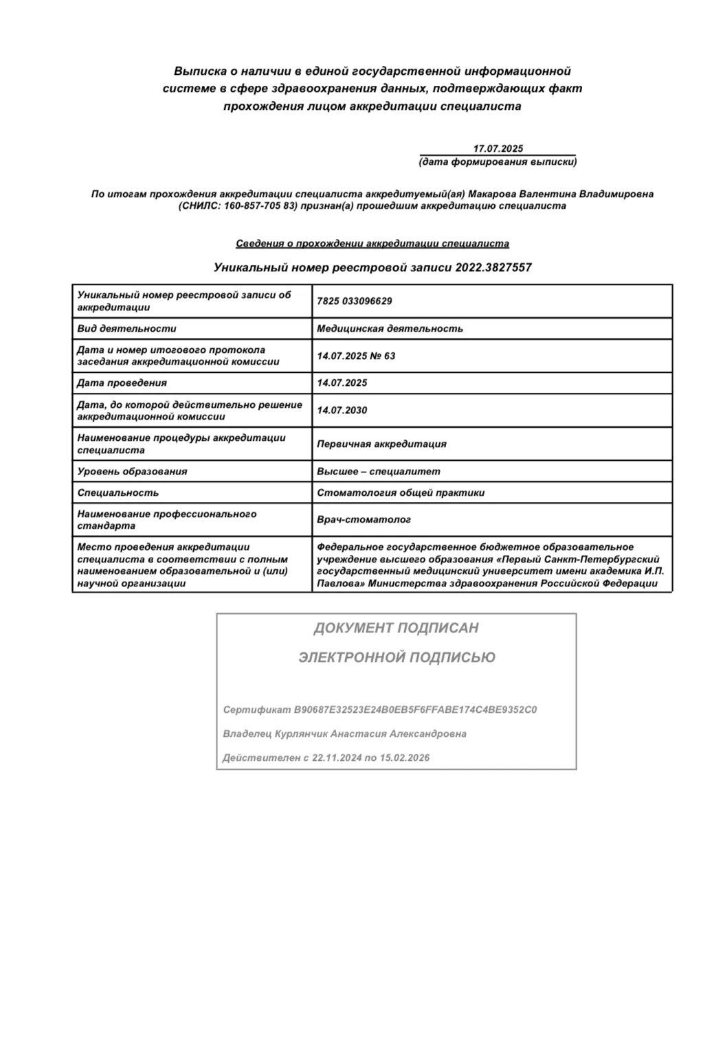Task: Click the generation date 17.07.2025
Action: pyautogui.click(x=498, y=148)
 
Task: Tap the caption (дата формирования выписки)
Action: pyautogui.click(x=498, y=162)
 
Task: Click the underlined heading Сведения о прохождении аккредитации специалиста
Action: pyautogui.click(x=372, y=243)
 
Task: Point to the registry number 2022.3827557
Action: pyautogui.click(x=493, y=267)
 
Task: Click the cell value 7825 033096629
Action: pyautogui.click(x=354, y=301)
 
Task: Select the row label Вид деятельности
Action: pyautogui.click(x=126, y=328)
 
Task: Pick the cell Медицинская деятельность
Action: pyautogui.click(x=390, y=328)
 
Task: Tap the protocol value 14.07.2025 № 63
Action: pyautogui.click(x=356, y=356)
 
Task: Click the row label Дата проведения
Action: pyautogui.click(x=122, y=383)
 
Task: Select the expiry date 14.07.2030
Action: pyautogui.click(x=342, y=410)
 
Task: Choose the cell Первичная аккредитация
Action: pyautogui.click(x=381, y=444)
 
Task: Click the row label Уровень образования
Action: pyautogui.click(x=132, y=471)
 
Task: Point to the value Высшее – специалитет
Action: pyautogui.click(x=378, y=471)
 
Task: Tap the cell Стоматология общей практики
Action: pyautogui.click(x=401, y=492)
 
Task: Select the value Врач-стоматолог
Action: pyautogui.click(x=364, y=520)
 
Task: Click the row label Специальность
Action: pyautogui.click(x=118, y=492)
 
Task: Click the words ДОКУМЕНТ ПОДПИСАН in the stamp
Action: pyautogui.click(x=396, y=628)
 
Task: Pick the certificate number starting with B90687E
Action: pyautogui.click(x=415, y=709)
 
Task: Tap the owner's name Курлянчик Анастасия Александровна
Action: pyautogui.click(x=370, y=733)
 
